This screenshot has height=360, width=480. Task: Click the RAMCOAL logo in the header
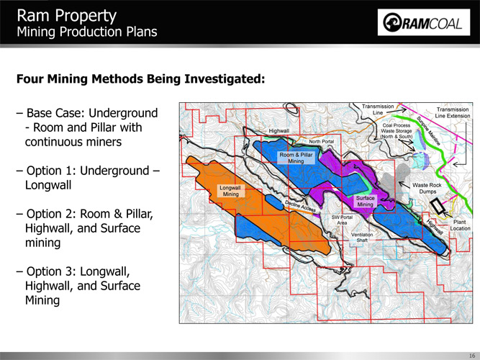click(424, 22)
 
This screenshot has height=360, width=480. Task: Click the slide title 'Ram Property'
click(67, 15)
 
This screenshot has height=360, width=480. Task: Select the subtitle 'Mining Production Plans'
click(87, 32)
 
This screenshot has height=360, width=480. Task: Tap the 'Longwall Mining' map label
click(230, 191)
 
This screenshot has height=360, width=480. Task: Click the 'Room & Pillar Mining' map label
click(296, 158)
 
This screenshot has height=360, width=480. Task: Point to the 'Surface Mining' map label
click(365, 202)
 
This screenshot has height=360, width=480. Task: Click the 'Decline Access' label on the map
click(300, 206)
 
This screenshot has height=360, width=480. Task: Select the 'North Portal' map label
click(321, 142)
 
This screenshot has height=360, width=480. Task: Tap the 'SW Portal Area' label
click(342, 220)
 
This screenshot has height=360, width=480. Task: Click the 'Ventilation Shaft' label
click(362, 238)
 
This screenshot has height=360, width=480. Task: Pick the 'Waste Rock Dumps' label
click(427, 188)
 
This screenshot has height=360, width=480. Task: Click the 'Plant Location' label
click(460, 225)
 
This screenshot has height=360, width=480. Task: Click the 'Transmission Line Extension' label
click(453, 113)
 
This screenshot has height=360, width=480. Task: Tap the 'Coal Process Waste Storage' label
click(397, 131)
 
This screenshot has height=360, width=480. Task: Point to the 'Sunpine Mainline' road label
click(428, 130)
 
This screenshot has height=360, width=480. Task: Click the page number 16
click(471, 356)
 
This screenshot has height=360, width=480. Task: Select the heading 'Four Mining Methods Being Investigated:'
click(140, 79)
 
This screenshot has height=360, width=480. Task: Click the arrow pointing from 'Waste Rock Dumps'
click(404, 185)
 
